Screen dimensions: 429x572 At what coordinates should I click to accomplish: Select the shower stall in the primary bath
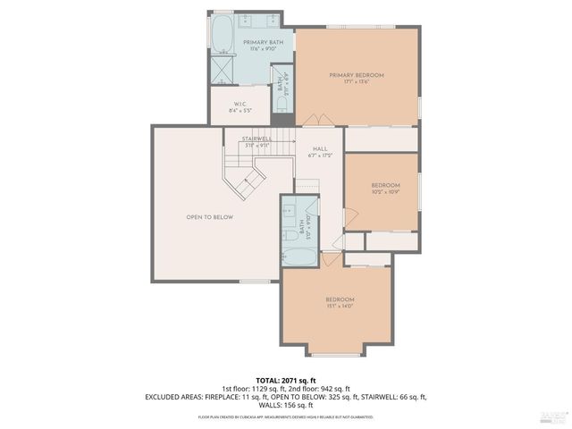coord(222,71)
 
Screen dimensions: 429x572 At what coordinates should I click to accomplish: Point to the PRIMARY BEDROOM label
coord(356,75)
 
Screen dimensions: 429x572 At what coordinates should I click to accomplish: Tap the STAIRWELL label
coord(257,139)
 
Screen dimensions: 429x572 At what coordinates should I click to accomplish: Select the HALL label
coord(318,149)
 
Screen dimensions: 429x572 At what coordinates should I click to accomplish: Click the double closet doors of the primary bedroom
coord(312,120)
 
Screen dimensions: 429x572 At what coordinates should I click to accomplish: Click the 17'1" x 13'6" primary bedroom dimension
coord(356,82)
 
